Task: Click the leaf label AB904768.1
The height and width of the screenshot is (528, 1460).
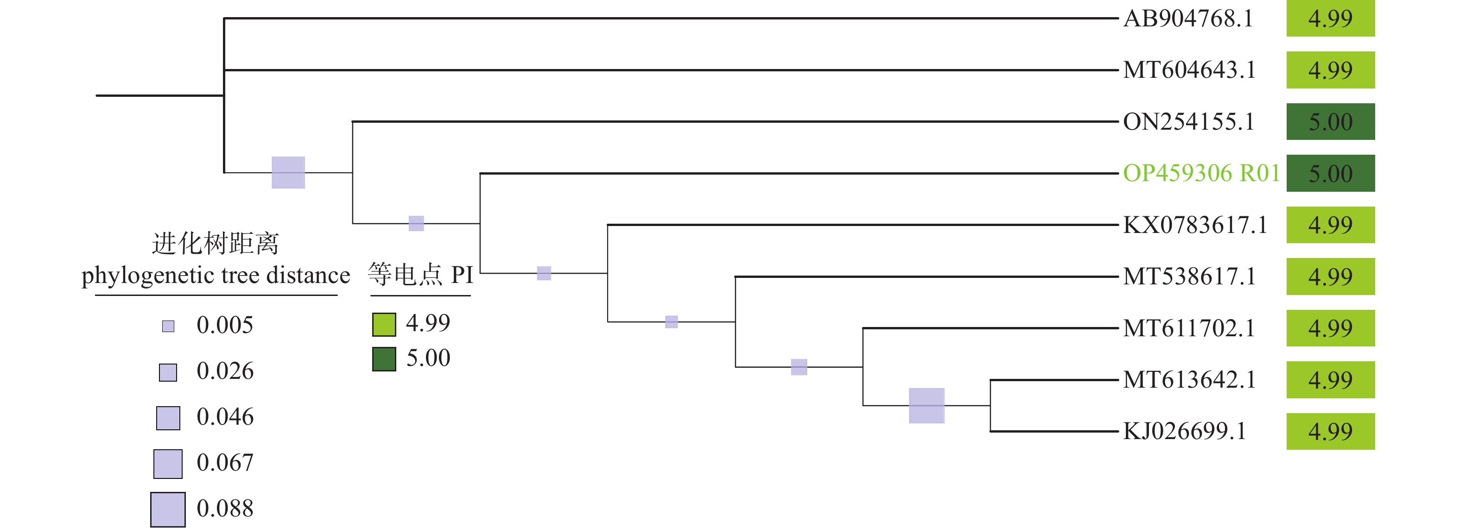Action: coord(1188,19)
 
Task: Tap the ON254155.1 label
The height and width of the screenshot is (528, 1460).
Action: coord(1188,122)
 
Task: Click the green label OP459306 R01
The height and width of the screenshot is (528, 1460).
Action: coord(1201,173)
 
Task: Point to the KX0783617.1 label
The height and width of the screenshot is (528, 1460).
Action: coord(1195,225)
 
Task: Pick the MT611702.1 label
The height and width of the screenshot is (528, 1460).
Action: coord(1188,328)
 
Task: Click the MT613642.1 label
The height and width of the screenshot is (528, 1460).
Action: coord(1189,380)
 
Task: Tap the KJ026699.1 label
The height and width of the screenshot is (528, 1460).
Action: coord(1185,431)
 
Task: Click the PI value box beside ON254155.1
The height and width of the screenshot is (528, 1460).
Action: coord(1330,122)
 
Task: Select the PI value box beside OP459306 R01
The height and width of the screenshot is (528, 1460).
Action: coord(1330,173)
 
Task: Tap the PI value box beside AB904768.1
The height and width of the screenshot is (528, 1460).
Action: coord(1330,19)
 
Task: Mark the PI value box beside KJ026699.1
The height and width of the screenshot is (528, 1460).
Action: coord(1330,431)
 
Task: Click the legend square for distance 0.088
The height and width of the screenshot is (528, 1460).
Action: coord(168,509)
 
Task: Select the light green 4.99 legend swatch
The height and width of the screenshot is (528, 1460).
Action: coord(384,324)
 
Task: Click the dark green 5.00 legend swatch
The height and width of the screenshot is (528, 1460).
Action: coord(384,358)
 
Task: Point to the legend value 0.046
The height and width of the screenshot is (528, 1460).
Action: coord(225,417)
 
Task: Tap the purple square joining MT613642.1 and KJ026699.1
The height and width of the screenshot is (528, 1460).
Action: coord(926,406)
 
